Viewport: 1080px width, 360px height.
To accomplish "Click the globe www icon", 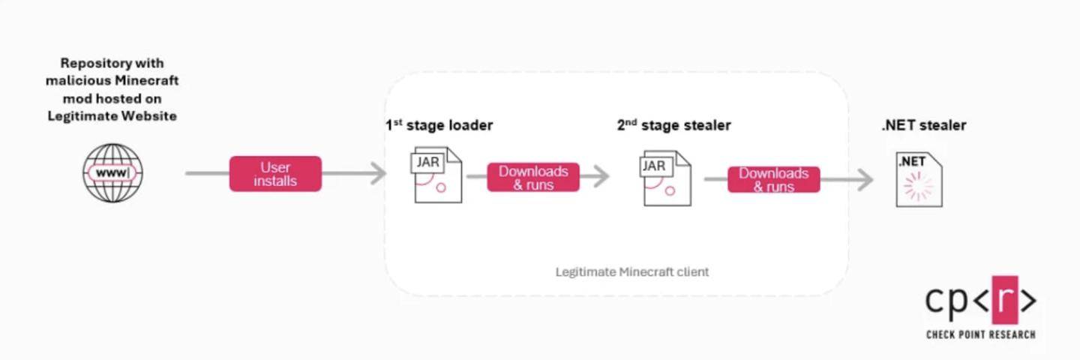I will coord(112,173).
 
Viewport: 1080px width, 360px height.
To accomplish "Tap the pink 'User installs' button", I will coord(275,174).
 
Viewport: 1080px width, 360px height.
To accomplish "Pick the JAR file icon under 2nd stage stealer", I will coord(666,178).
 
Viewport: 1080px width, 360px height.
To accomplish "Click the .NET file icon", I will coord(919,178).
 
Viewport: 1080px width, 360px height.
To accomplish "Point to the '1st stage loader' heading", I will coord(439,125).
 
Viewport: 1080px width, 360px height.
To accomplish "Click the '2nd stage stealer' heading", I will coord(673,125).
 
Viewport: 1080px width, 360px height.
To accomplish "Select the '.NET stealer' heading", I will coord(923,125).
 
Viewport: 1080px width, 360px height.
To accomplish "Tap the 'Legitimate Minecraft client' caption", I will coord(631,271).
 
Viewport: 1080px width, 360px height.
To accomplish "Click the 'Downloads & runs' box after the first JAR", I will coord(533,178).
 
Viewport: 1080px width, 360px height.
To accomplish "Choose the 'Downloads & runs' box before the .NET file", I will coord(773,180).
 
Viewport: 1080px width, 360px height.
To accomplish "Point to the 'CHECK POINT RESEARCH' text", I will coord(980,334).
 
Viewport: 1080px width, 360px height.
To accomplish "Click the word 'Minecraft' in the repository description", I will coord(146,80).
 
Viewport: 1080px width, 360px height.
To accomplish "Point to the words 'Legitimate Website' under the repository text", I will coord(112,116).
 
